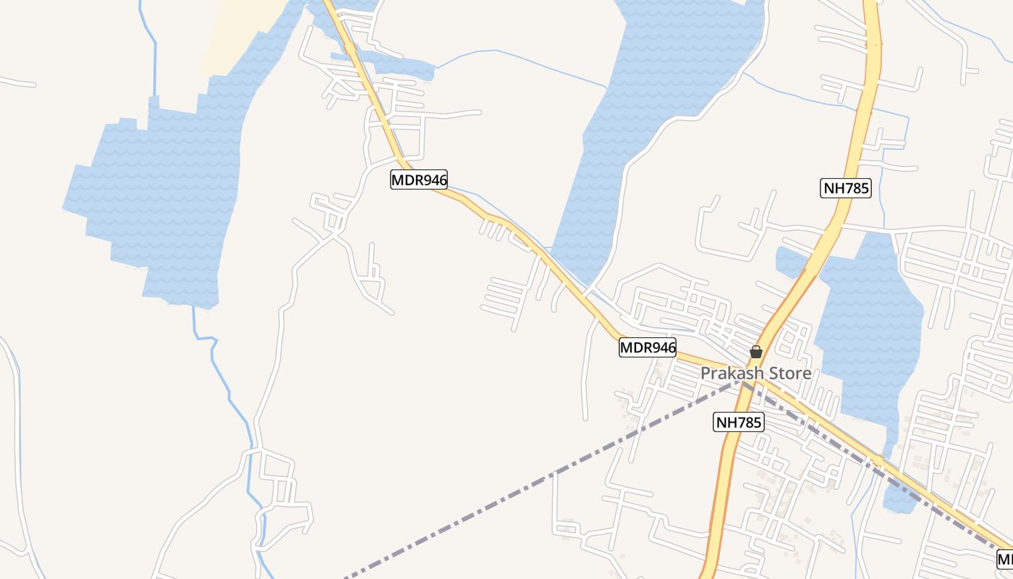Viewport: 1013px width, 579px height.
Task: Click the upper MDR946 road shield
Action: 419,179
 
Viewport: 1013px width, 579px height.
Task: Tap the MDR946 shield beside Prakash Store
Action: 648,348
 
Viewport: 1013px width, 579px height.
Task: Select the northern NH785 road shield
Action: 846,189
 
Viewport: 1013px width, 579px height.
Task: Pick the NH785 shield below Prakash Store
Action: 738,422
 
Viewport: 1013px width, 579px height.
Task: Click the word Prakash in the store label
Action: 732,374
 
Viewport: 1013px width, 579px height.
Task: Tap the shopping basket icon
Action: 756,352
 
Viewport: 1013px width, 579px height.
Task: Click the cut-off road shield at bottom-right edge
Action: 1005,559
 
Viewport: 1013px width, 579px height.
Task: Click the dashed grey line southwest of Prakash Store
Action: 543,480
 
